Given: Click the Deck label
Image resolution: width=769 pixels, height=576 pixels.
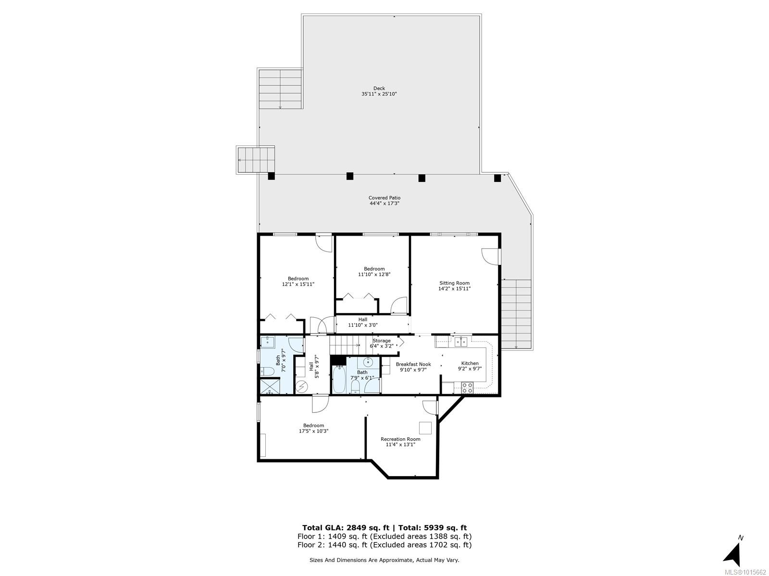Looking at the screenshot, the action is click(x=379, y=88).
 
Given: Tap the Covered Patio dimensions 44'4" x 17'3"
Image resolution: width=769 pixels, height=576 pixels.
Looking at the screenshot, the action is click(x=384, y=203).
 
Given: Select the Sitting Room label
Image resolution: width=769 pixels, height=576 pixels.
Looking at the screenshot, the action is click(x=454, y=283).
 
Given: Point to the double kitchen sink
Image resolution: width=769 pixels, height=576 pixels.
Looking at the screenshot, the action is click(x=460, y=341).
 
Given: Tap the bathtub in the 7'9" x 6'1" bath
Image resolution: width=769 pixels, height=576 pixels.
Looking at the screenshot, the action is click(x=339, y=379).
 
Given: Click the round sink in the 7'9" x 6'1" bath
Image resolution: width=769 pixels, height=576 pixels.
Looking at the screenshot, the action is click(x=368, y=361).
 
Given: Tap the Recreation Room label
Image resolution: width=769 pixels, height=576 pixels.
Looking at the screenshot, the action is click(x=400, y=439).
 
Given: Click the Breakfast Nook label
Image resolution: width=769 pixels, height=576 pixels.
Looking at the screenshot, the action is click(x=413, y=364).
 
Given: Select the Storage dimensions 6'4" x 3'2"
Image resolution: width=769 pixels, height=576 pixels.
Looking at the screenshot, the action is click(x=382, y=346).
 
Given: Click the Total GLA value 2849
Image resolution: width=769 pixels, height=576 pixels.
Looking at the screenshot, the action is click(x=356, y=528).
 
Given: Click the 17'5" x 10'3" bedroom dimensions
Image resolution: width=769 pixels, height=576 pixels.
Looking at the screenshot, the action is click(x=313, y=431).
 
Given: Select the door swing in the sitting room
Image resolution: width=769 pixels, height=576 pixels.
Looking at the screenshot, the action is click(x=489, y=257).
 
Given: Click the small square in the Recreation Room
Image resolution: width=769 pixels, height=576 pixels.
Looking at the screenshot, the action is click(x=425, y=428).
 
